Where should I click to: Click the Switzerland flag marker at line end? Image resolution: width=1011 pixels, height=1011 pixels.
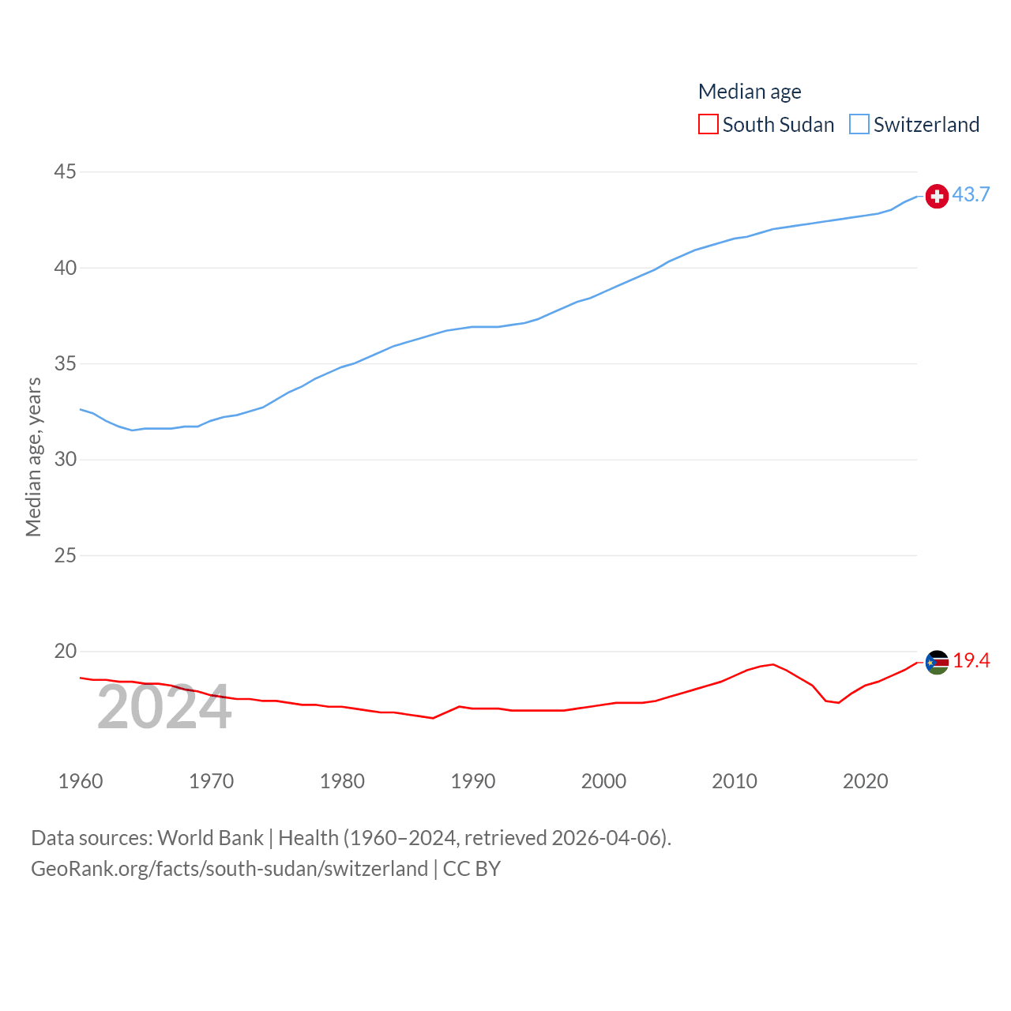(x=937, y=196)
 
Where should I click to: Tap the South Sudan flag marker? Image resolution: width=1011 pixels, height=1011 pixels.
(x=937, y=663)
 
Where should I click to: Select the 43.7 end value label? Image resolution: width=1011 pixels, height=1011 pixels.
(x=971, y=194)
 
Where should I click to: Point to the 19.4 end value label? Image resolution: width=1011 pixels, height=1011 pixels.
(x=971, y=660)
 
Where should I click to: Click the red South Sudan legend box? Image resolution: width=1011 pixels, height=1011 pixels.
(x=708, y=125)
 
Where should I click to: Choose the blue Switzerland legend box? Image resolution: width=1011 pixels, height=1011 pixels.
(x=859, y=125)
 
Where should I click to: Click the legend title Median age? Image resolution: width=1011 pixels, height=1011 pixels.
(x=750, y=92)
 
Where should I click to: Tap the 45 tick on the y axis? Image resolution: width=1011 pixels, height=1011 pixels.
(x=66, y=171)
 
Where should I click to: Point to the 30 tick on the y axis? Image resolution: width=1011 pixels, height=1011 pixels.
(x=66, y=459)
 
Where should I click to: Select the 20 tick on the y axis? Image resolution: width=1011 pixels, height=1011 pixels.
(x=66, y=651)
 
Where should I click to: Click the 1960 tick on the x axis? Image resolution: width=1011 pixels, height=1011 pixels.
(x=81, y=781)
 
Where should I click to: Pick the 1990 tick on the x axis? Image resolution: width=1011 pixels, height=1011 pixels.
(x=473, y=781)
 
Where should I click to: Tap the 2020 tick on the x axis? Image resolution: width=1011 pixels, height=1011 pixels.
(x=866, y=781)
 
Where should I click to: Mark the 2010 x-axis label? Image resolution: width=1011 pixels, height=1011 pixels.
(x=735, y=781)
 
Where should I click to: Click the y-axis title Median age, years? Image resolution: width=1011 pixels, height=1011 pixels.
(x=33, y=457)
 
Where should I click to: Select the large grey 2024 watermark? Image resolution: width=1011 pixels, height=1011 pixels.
(x=164, y=707)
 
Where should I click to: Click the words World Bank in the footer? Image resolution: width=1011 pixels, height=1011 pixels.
(x=211, y=837)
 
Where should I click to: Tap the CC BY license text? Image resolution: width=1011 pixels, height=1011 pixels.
(x=472, y=869)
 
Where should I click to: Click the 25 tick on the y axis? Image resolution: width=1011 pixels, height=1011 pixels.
(x=66, y=555)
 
